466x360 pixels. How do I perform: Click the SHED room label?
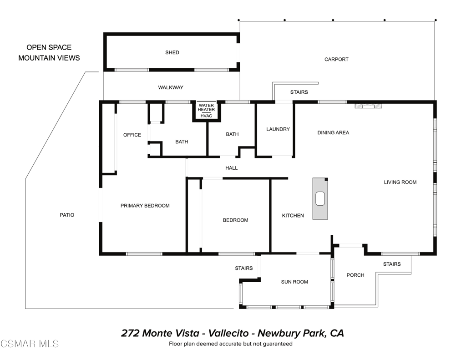[x=172, y=53]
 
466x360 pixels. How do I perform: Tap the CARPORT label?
[x=336, y=60]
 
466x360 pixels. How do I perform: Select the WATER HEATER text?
[x=206, y=107]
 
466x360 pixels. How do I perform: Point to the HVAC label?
[x=206, y=116]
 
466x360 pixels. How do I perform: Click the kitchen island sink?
[x=320, y=198]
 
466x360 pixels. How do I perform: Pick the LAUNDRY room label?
[x=278, y=129]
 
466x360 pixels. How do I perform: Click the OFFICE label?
[x=132, y=135]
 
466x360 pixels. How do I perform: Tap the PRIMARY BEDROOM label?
[x=145, y=206]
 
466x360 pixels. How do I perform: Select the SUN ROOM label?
[x=294, y=282]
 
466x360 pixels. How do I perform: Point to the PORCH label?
[x=355, y=275]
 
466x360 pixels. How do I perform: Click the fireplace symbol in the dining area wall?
[x=368, y=106]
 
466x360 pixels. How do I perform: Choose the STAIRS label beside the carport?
[x=299, y=92]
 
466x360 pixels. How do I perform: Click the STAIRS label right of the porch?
[x=392, y=264]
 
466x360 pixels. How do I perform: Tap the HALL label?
[x=231, y=168]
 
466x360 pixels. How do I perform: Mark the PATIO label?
[x=67, y=215]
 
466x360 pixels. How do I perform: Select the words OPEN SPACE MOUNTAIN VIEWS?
[x=49, y=53]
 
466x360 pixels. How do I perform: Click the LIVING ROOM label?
[x=400, y=183]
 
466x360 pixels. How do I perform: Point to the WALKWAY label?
[x=171, y=87]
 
